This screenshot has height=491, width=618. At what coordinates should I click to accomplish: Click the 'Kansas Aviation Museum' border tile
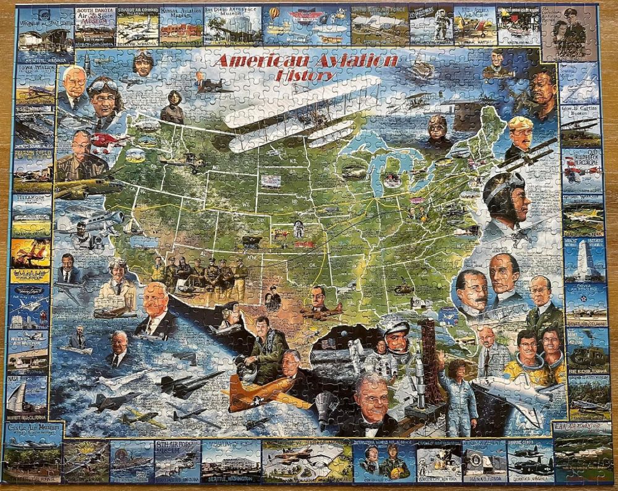click(x=180, y=26)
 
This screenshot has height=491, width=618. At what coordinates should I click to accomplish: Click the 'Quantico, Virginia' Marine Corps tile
click(x=530, y=461)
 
